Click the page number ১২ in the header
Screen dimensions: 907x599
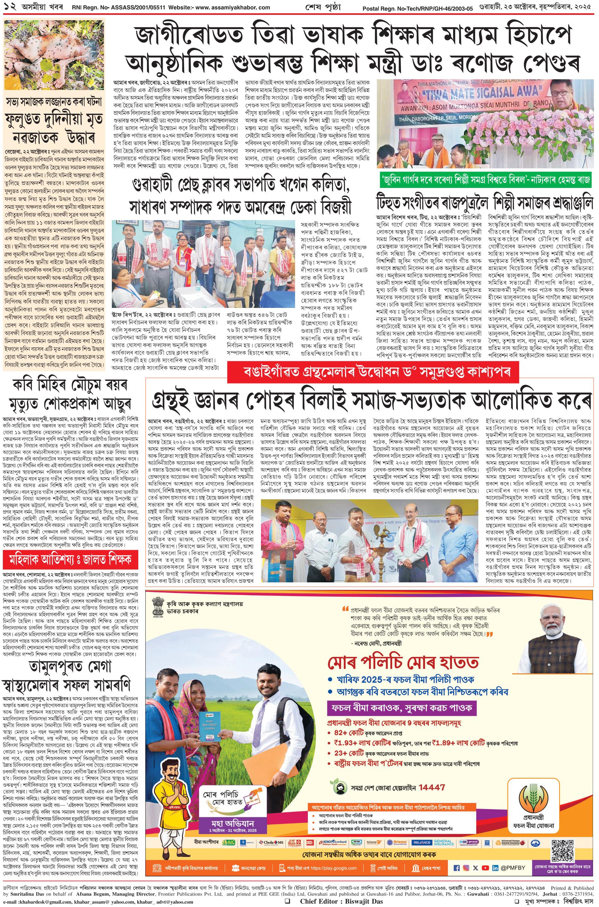[x=8, y=7]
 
